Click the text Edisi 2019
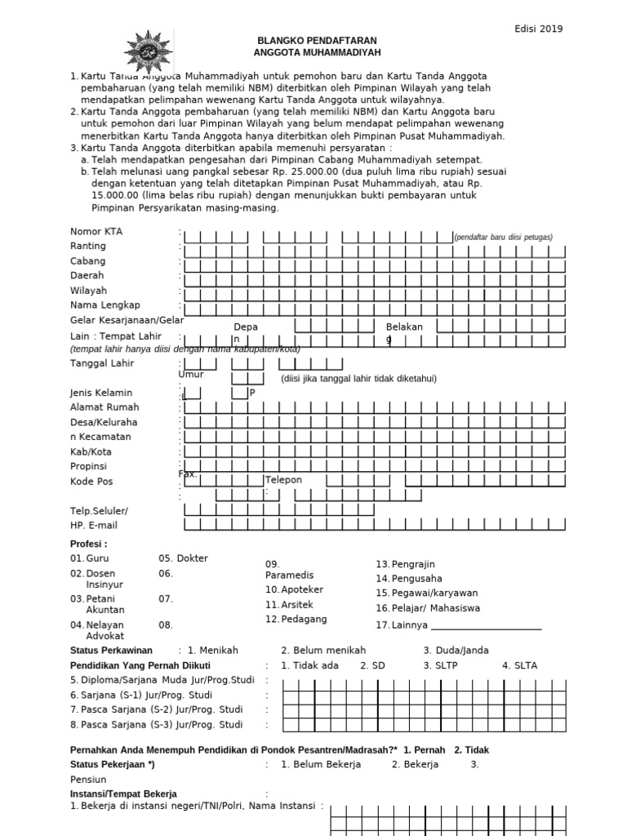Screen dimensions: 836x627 (538, 29)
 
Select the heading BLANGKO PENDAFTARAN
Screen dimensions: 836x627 (318, 40)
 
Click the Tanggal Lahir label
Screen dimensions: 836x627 (101, 364)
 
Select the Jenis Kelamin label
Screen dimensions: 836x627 (102, 393)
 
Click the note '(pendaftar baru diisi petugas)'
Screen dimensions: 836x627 (504, 238)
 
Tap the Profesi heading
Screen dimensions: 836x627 (89, 544)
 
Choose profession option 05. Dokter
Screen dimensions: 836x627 (183, 558)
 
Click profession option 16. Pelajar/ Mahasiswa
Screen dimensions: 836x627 (428, 608)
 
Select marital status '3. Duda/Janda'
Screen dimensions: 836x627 (456, 651)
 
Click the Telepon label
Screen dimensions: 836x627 (283, 480)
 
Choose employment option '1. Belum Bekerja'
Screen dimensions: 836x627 (321, 765)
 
